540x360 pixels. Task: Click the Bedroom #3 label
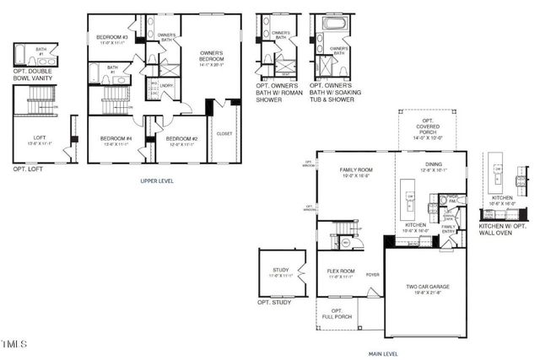click(111, 38)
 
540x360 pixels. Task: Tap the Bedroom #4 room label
click(116, 139)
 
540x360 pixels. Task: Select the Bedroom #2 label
click(181, 139)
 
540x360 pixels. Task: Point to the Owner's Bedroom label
click(211, 57)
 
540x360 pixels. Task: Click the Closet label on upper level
click(224, 133)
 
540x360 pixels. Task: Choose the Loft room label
click(40, 139)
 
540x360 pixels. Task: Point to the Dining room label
click(435, 166)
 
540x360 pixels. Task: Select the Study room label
click(281, 272)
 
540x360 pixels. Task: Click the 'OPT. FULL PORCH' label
click(336, 314)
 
